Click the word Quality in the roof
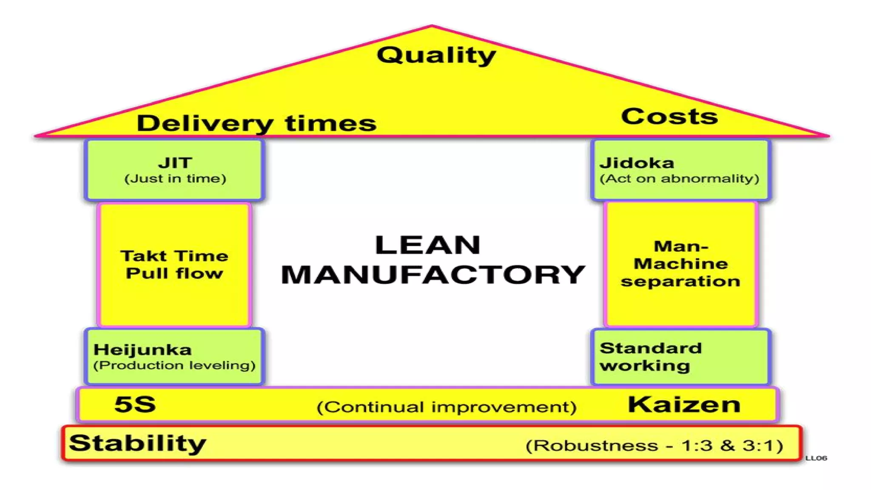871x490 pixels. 436,56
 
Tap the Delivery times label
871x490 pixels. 256,123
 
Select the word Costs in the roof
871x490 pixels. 669,117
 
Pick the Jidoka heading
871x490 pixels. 637,163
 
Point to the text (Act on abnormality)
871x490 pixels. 679,179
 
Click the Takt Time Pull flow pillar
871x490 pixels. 174,265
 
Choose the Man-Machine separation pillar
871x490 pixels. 680,264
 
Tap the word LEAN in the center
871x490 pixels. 428,245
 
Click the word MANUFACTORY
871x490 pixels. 433,274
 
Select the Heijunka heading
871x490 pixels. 142,350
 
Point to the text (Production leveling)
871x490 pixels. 174,365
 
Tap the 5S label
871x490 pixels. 135,404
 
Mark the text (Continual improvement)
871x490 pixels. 447,407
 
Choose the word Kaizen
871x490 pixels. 684,405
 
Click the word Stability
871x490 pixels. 137,443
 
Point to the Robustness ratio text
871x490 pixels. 654,446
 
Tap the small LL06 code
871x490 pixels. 816,458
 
